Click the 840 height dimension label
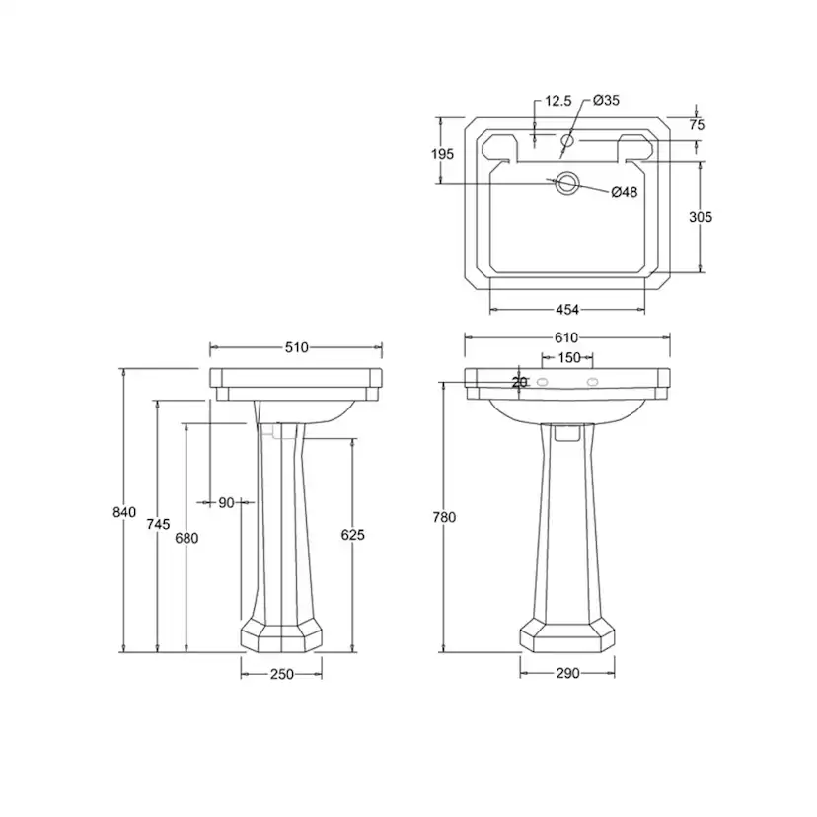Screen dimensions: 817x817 click(x=124, y=512)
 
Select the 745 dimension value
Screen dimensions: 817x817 click(x=158, y=524)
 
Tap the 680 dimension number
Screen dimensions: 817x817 click(x=186, y=537)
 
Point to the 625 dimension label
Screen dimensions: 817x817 click(x=352, y=535)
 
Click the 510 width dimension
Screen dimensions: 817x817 click(x=296, y=347)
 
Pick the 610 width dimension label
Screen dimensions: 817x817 click(x=566, y=337)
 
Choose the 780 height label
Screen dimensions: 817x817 click(x=444, y=517)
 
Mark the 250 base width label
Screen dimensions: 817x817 click(x=282, y=674)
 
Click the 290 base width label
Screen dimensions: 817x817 click(x=567, y=674)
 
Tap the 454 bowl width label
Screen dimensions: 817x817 click(x=567, y=310)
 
